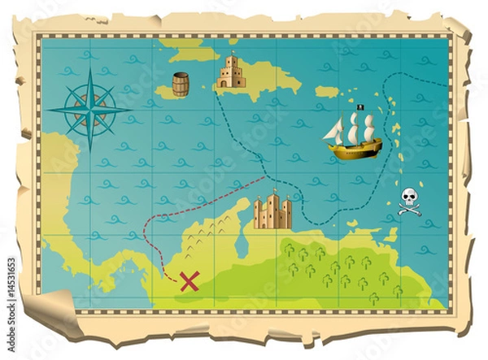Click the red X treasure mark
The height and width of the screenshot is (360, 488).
coord(189,281)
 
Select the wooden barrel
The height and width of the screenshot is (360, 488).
coord(180,84)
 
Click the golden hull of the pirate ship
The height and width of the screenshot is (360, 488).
coord(354,148)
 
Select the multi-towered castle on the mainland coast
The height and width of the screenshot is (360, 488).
coord(272,213)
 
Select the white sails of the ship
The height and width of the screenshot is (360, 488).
coord(351,128)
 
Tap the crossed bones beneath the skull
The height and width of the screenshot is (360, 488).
coord(408,209)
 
